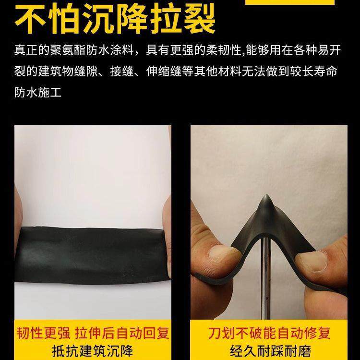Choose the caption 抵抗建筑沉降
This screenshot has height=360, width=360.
point(91,350)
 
